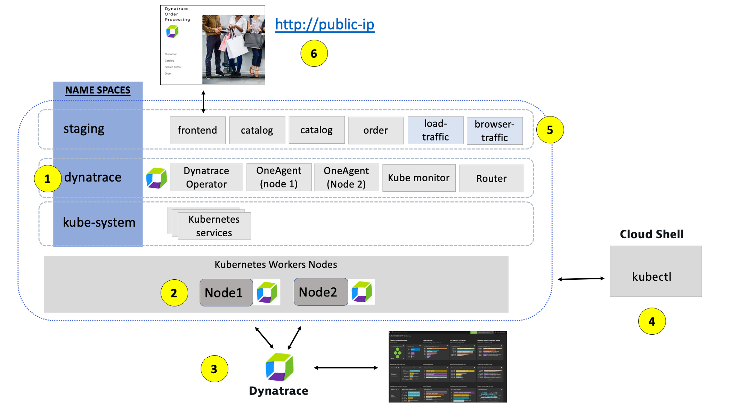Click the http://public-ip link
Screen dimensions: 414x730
[x=325, y=25]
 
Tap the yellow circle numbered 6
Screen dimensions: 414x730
[x=314, y=53]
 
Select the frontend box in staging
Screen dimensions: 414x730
[x=198, y=130]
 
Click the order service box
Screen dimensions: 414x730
[x=376, y=130]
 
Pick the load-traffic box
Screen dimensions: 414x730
[x=435, y=130]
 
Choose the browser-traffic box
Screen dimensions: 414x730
[x=495, y=130]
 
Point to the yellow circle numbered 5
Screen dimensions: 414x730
[x=550, y=130]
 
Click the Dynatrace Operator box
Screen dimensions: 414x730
[x=206, y=177]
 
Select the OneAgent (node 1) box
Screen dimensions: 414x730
[x=279, y=177]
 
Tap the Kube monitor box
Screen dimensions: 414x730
[x=419, y=178]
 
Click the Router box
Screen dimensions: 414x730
[x=491, y=178]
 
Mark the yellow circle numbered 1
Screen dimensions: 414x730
[x=48, y=179]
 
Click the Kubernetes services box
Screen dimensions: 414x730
[x=214, y=226]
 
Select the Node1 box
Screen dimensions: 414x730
[x=226, y=293]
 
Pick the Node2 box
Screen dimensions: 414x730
[x=321, y=292]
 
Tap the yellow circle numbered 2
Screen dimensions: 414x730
[x=174, y=293]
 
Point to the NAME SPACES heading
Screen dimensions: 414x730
[x=98, y=90]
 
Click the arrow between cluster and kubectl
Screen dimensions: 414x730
[x=581, y=279]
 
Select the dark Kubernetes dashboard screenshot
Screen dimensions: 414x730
[x=448, y=366]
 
